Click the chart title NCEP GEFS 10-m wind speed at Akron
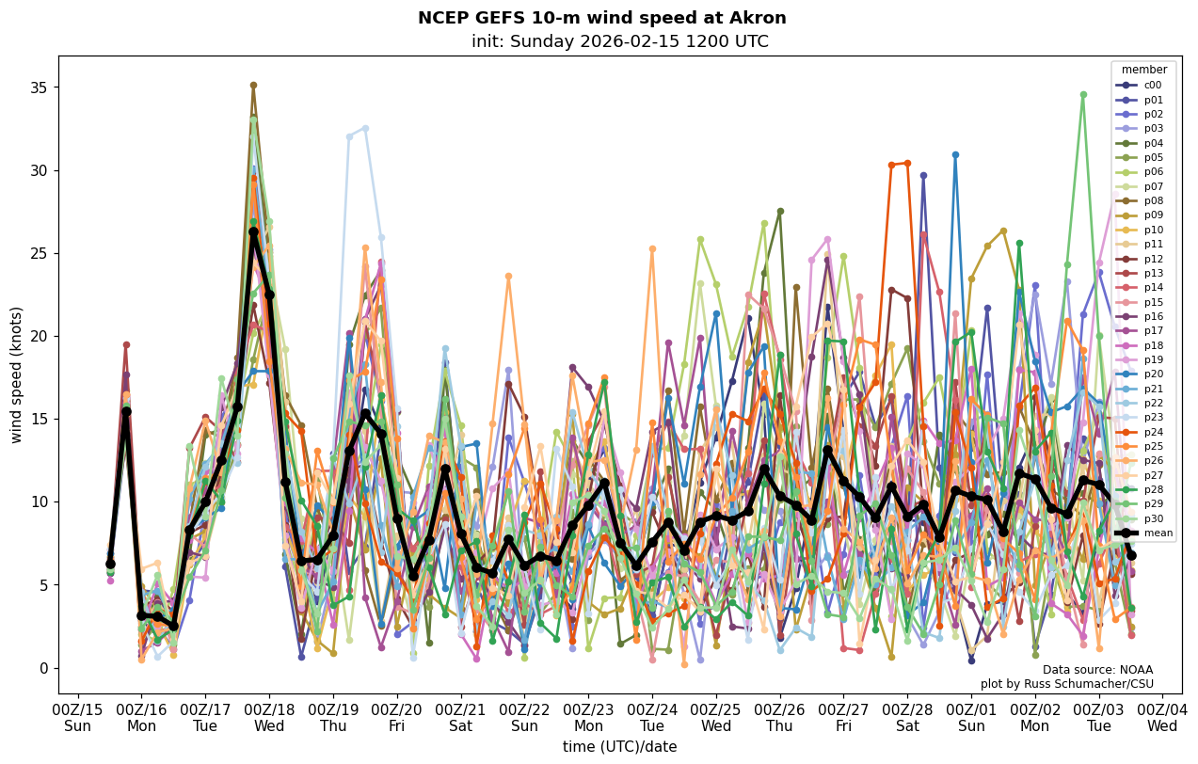point(601,18)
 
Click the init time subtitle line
point(619,41)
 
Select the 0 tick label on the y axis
point(40,668)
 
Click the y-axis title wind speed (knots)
point(16,374)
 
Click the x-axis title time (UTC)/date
point(619,747)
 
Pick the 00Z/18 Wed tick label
point(269,717)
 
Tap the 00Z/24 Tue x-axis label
point(652,717)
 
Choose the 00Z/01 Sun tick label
point(971,717)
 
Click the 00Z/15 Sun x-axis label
point(78,717)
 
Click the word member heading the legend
point(1143,70)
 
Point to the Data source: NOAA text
point(1097,670)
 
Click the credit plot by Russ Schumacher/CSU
point(1066,684)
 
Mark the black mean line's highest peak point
point(253,231)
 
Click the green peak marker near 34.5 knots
point(1083,94)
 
